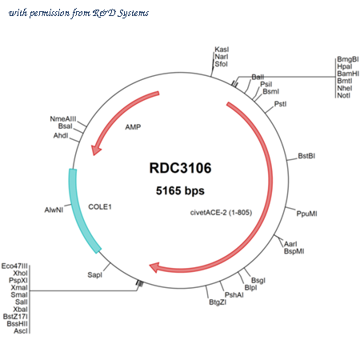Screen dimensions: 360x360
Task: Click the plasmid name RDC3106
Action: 180,168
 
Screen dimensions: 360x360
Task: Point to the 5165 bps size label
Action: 180,190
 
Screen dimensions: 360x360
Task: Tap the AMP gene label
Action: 133,127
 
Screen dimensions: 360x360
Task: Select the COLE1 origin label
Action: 100,206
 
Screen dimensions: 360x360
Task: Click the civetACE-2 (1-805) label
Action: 221,213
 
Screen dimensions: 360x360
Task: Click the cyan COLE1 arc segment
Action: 80,210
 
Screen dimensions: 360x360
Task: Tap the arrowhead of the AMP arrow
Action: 95,150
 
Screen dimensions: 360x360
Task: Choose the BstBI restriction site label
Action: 306,156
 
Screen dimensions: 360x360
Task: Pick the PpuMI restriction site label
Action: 307,214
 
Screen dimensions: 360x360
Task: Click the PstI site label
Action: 280,104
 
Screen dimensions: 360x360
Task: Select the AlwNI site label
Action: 54,210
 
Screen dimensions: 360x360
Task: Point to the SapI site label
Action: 95,274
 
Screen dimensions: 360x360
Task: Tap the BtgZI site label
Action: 218,302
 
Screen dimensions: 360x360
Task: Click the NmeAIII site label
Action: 63,118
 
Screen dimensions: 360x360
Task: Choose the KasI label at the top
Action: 222,50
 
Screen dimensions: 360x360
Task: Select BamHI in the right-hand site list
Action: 348,74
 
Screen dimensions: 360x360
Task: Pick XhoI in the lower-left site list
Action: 20,273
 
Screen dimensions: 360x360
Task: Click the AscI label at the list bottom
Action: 21,331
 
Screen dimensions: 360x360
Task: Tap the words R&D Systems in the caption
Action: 121,13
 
